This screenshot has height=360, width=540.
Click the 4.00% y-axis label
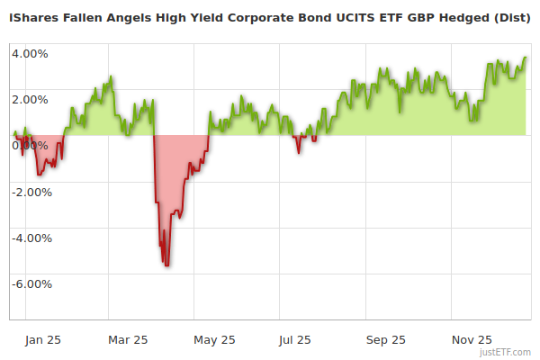30,53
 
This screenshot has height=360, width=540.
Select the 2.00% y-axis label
30,99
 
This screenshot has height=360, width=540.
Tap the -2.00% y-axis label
31,192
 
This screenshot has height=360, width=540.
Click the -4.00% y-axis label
31,238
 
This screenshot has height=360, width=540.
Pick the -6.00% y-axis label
31,283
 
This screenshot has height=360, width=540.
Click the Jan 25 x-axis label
43,339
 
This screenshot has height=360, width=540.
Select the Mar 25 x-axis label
128,339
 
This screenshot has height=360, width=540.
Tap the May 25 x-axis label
214,339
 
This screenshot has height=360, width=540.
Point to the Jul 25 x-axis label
295,339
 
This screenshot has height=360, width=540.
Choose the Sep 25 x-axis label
385,339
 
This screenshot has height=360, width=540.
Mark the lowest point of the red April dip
167,265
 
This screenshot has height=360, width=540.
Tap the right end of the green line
526,58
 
